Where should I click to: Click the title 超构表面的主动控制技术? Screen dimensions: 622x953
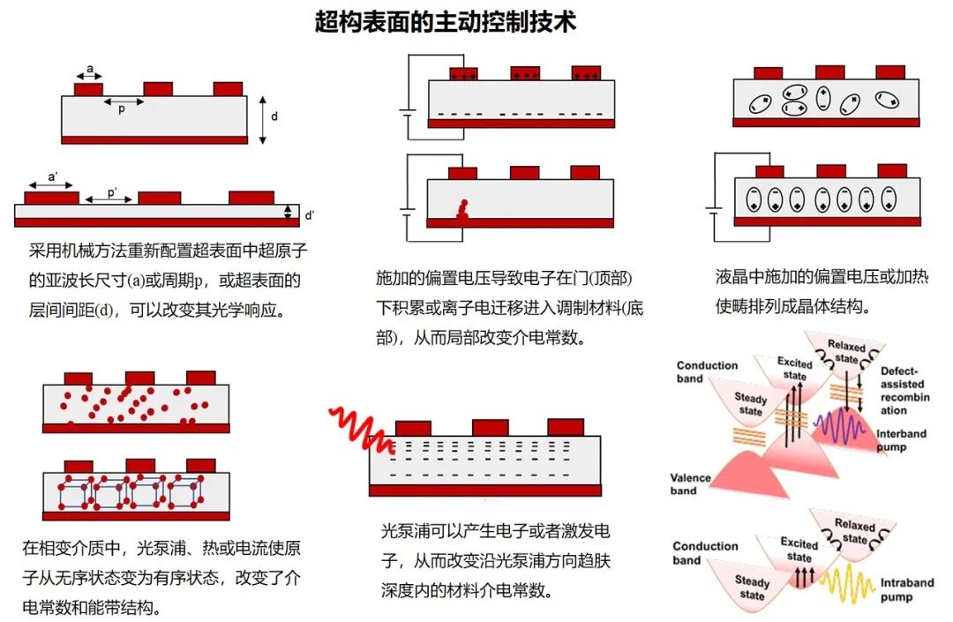click(446, 22)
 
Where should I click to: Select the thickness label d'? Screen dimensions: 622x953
click(308, 214)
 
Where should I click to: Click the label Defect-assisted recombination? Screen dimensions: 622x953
click(904, 391)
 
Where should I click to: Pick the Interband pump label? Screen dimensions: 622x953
click(904, 441)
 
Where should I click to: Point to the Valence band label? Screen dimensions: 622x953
click(690, 484)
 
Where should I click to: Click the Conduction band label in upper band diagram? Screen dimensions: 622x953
click(707, 371)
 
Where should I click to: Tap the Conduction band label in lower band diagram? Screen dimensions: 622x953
click(705, 552)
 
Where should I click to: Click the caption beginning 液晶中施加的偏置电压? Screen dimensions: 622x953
click(821, 291)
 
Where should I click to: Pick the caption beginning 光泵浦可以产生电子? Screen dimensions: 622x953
click(496, 560)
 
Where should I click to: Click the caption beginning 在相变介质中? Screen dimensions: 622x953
click(161, 577)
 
